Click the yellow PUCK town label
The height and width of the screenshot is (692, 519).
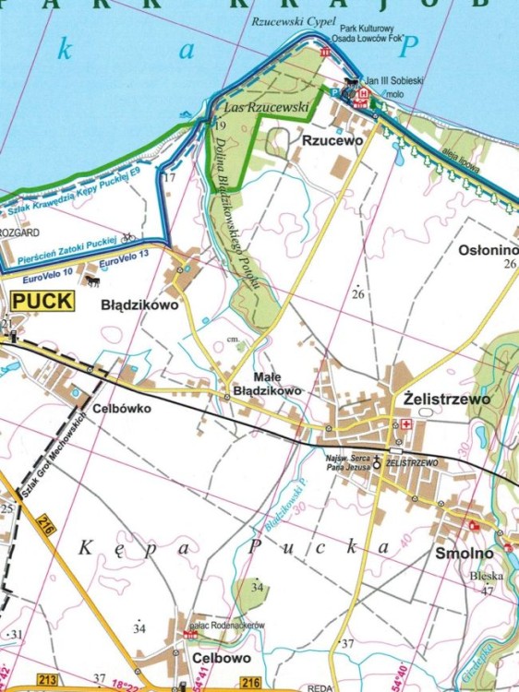coord(41,302)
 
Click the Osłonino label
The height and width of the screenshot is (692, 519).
coord(487,250)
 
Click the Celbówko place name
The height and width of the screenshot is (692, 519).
coord(121,406)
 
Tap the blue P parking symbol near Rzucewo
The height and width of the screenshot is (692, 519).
coord(335,92)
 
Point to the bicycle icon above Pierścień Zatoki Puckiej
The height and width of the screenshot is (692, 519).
coord(127,236)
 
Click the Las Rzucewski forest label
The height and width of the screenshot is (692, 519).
coord(277,108)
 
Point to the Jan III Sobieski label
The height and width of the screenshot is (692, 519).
coord(394,81)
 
